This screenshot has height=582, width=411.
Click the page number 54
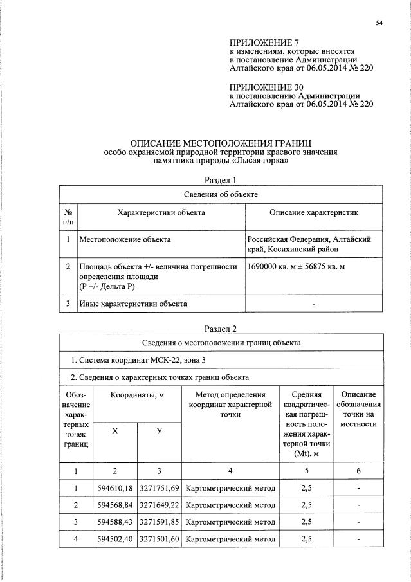(x=379, y=23)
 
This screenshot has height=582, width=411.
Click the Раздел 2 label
(x=221, y=329)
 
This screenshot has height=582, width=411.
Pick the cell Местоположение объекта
(x=125, y=239)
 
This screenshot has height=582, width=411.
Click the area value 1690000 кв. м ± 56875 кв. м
(x=297, y=266)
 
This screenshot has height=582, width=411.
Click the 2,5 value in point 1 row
(x=306, y=488)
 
